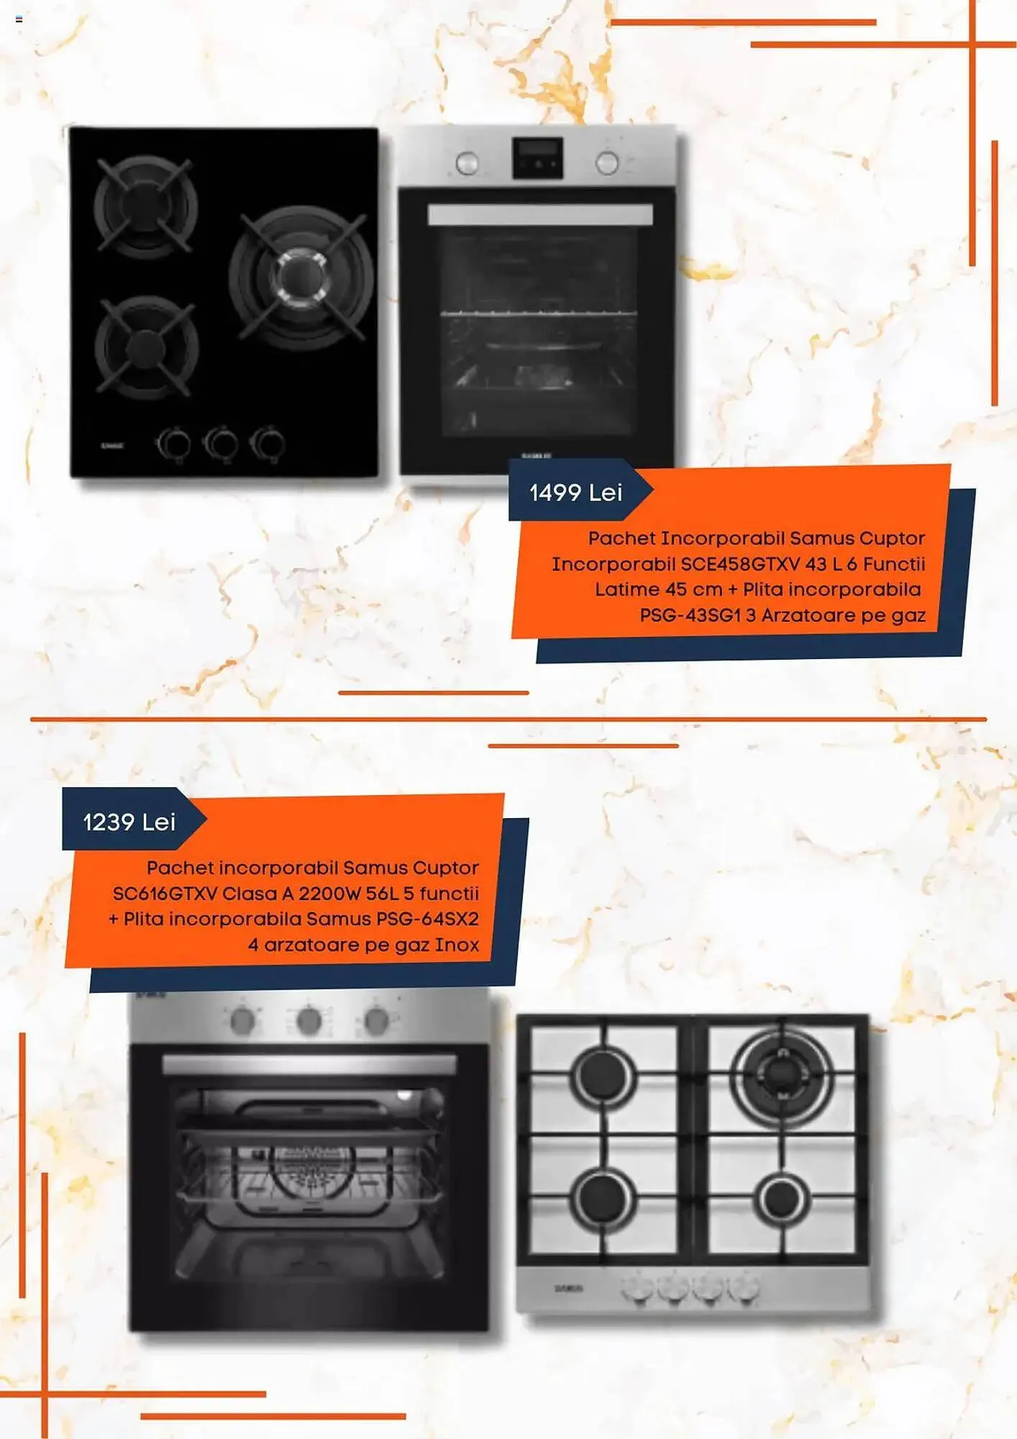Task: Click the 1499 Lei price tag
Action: [575, 492]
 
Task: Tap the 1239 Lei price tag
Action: [129, 822]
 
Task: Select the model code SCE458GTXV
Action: [740, 564]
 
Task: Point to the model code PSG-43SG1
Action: [690, 615]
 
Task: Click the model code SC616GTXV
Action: [165, 894]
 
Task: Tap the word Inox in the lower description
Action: [457, 945]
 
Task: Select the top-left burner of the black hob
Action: [145, 205]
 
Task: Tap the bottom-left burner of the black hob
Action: [147, 346]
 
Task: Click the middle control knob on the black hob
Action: [221, 443]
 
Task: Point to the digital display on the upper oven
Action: [537, 158]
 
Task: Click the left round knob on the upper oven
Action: [468, 163]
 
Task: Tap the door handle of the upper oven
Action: [540, 215]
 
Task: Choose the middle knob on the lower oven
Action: [309, 1020]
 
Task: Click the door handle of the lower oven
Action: [309, 1065]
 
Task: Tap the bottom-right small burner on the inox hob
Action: [782, 1199]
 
